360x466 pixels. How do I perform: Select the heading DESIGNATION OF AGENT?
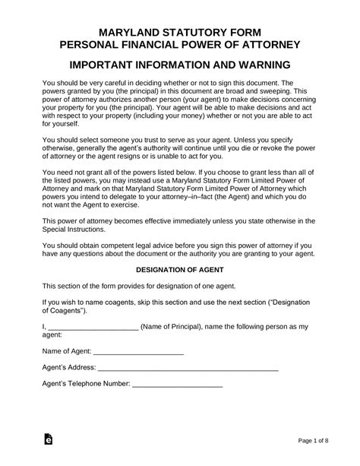tap(179, 270)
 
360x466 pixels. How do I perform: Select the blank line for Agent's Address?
tap(191, 370)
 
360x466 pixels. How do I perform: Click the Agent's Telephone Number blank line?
tap(178, 386)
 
